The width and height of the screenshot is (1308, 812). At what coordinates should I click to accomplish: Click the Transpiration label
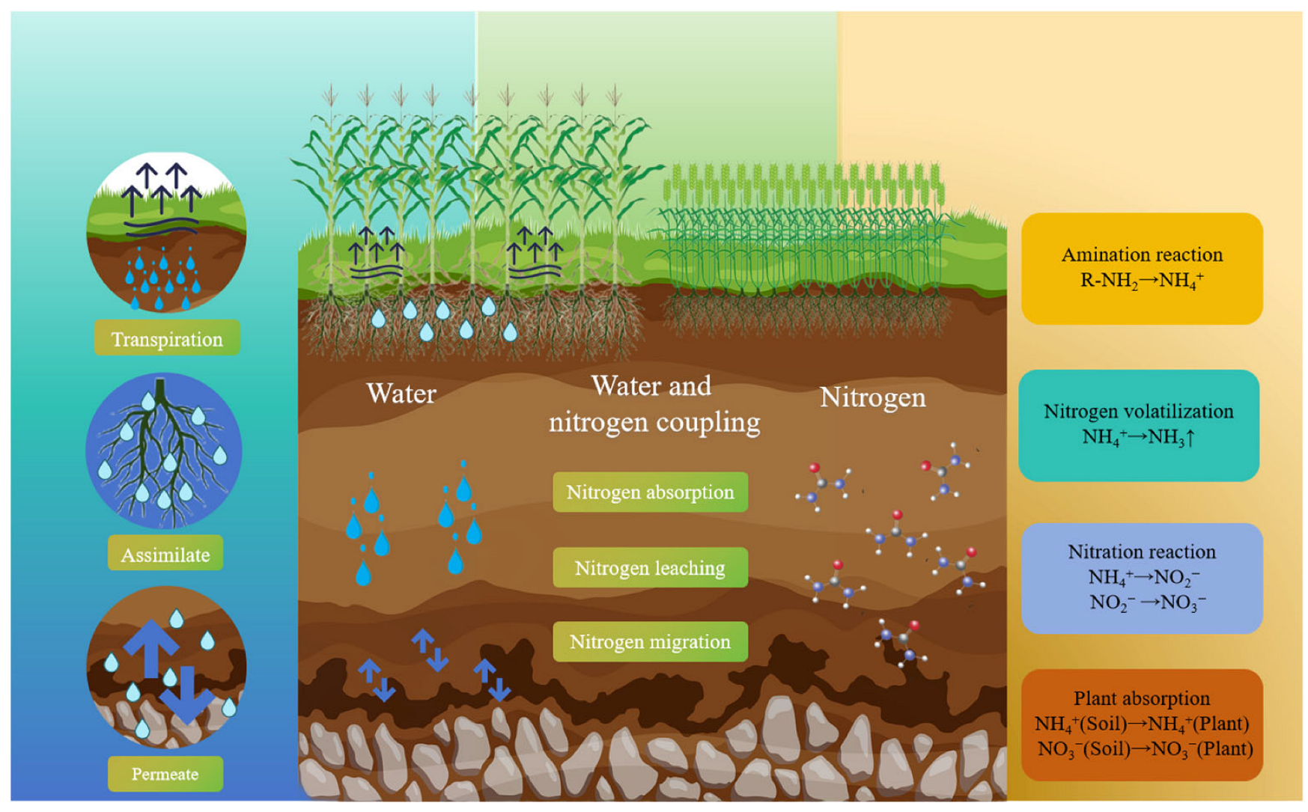tap(167, 339)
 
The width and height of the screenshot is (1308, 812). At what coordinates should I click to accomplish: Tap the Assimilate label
tap(165, 555)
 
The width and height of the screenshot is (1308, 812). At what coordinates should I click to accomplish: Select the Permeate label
tap(165, 774)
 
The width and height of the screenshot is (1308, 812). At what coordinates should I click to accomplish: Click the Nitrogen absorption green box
tap(650, 492)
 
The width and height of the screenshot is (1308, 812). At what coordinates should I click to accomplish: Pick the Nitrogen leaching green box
tap(650, 567)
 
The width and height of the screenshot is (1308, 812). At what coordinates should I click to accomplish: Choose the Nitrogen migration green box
tap(650, 641)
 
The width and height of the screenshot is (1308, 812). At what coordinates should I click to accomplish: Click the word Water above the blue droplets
tap(401, 394)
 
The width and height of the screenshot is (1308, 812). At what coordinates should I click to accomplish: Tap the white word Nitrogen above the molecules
tap(872, 397)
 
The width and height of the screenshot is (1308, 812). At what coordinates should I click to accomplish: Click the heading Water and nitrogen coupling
tap(654, 404)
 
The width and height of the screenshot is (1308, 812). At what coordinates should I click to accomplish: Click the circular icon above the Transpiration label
tap(166, 232)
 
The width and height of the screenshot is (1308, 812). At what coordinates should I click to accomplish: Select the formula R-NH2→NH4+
tap(1142, 281)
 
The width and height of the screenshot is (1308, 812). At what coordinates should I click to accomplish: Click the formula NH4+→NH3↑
tap(1138, 437)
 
